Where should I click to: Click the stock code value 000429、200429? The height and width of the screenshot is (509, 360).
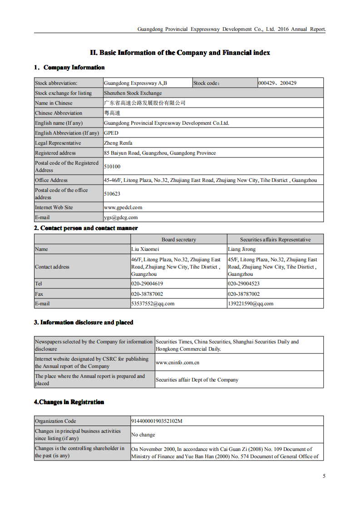(277, 83)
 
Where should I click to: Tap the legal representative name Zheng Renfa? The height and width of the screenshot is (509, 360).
(118, 143)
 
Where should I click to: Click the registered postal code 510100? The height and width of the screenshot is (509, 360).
(112, 166)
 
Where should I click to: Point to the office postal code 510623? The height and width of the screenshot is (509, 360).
(112, 194)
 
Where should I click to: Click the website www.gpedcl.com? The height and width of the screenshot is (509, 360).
(123, 207)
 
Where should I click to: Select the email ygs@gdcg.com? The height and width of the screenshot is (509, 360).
(121, 217)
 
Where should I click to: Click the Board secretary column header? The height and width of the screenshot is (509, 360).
(179, 240)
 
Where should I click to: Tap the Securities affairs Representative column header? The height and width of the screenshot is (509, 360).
(275, 240)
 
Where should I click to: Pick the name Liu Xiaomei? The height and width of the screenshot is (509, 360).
(145, 249)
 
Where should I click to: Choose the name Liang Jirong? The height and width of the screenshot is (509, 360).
(242, 249)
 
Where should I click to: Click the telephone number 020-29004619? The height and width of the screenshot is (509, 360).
(147, 284)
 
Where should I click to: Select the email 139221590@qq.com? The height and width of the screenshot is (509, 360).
(251, 303)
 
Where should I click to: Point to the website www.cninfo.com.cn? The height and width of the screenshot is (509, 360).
(178, 362)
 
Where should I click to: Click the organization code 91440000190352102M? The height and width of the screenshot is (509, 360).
(157, 421)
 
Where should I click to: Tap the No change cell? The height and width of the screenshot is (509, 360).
(143, 435)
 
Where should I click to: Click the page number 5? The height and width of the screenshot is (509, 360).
(324, 476)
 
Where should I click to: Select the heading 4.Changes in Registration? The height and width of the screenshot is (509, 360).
(69, 402)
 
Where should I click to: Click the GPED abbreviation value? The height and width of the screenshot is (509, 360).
(111, 133)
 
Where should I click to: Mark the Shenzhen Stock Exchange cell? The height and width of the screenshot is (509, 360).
(133, 93)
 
